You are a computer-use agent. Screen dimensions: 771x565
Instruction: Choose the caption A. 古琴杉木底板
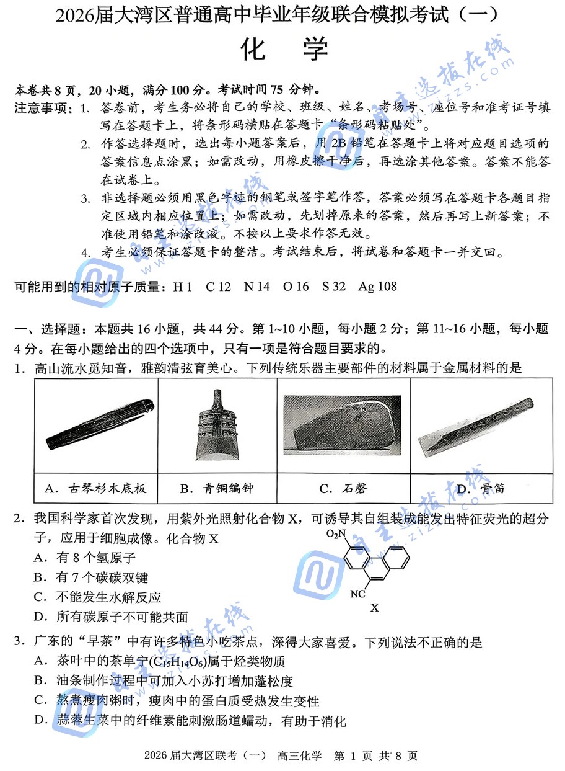point(96,488)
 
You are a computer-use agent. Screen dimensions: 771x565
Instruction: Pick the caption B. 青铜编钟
point(216,488)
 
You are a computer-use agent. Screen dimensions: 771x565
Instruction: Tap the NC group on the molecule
point(357,594)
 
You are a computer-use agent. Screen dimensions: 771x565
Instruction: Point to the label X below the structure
point(374,608)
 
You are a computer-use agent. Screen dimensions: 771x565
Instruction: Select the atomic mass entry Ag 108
point(377,287)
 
